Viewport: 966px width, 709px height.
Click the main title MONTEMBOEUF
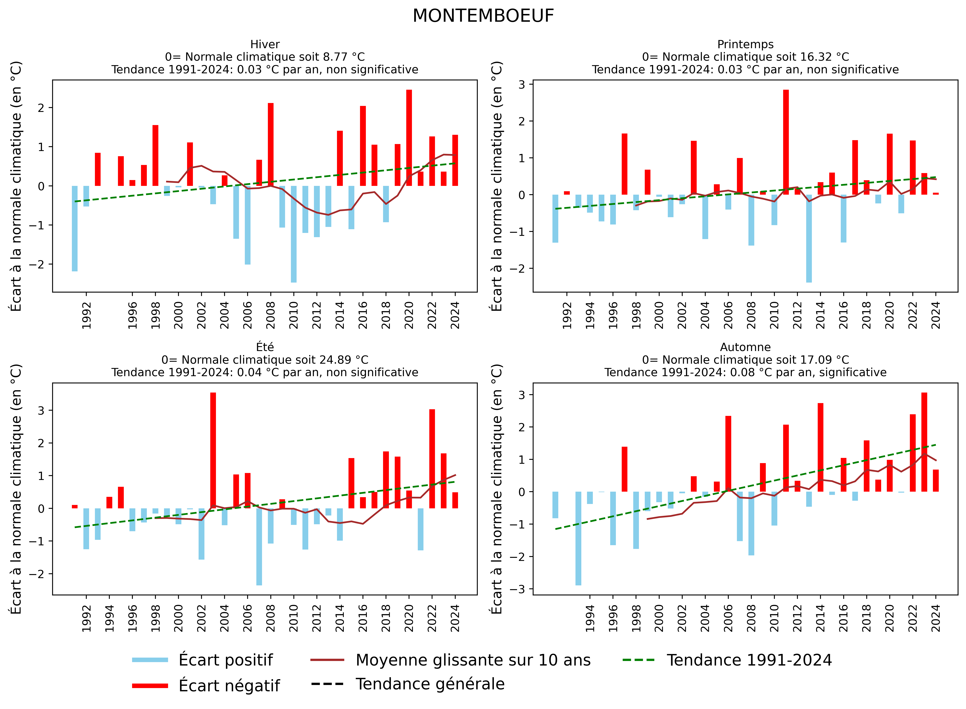[x=483, y=16]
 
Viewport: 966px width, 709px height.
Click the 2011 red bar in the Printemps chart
[x=786, y=142]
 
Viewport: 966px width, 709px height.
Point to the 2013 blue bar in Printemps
[x=809, y=238]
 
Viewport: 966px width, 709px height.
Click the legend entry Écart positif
[x=225, y=660]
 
